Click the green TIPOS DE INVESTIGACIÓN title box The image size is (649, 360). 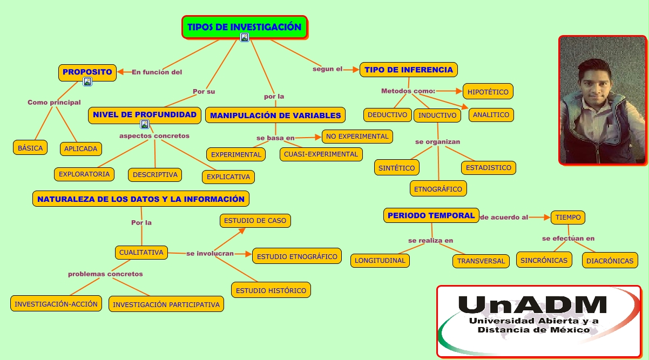(x=245, y=27)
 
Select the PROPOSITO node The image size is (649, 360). (x=87, y=72)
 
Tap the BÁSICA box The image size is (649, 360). (x=30, y=148)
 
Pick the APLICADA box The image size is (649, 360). (x=81, y=148)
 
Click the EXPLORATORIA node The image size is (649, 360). (x=84, y=174)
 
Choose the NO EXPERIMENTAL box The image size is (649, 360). (x=357, y=137)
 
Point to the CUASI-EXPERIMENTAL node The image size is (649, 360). (x=321, y=154)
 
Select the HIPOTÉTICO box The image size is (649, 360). (x=488, y=92)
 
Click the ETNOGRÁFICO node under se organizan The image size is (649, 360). (x=438, y=188)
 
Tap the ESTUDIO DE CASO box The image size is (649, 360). (x=255, y=221)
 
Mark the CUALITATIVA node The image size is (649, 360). (x=141, y=253)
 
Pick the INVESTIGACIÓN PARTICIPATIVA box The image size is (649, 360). (x=166, y=304)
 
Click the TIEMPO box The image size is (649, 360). (x=568, y=217)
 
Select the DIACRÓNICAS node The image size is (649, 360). (x=610, y=260)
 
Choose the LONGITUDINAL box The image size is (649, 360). (x=380, y=260)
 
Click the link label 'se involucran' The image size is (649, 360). (x=210, y=254)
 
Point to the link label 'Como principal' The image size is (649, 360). (x=54, y=102)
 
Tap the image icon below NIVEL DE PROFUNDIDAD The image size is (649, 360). (x=145, y=124)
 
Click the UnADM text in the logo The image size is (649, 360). (x=532, y=304)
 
